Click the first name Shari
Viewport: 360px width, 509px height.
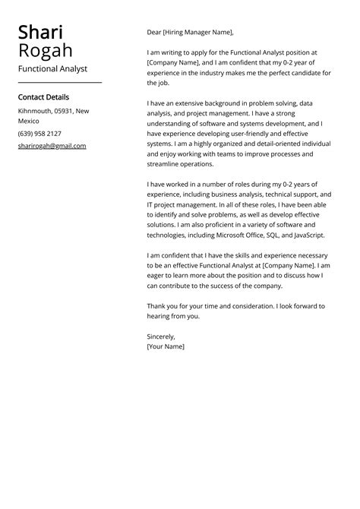pos(41,32)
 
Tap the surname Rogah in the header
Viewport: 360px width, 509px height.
pos(46,50)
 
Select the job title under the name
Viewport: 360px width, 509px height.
pos(52,68)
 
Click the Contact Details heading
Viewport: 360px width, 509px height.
pos(43,97)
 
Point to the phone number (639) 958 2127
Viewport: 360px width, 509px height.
pos(39,134)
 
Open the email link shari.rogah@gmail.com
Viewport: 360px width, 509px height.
pos(52,146)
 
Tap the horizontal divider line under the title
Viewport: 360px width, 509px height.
pos(59,82)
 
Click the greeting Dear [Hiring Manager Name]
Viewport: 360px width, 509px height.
pos(190,33)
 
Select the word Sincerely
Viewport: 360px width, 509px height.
pos(161,336)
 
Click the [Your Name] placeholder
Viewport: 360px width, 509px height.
pos(166,346)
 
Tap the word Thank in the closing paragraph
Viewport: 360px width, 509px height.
pos(157,305)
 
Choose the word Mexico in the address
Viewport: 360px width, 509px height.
pos(29,121)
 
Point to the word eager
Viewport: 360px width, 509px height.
pos(156,276)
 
